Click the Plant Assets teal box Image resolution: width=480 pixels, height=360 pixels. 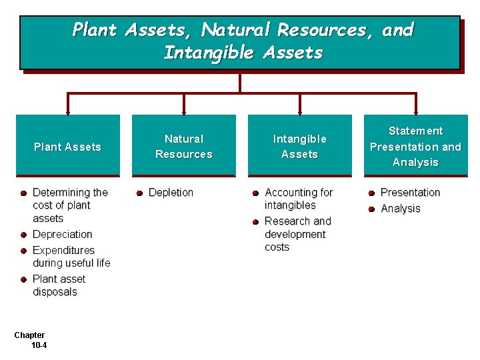pyautogui.click(x=67, y=146)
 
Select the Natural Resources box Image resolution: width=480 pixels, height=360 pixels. pyautogui.click(x=183, y=146)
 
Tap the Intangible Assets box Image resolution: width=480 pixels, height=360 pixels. pyautogui.click(x=299, y=146)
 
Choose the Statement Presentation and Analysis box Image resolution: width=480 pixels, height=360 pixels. pyautogui.click(x=415, y=146)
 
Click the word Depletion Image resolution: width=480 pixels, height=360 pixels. pyautogui.click(x=171, y=193)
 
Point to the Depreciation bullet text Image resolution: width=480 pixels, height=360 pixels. pyautogui.click(x=62, y=235)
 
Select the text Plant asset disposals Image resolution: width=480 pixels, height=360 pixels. pyautogui.click(x=59, y=285)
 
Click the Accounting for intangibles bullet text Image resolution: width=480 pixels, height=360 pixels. pyautogui.click(x=298, y=199)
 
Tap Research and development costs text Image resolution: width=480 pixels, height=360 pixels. pyautogui.click(x=297, y=234)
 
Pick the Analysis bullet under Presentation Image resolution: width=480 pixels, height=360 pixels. pyautogui.click(x=400, y=209)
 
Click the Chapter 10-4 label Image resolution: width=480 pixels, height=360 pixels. pyautogui.click(x=31, y=340)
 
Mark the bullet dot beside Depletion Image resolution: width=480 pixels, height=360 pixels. pyautogui.click(x=139, y=193)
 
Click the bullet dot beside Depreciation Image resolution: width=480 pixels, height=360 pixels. pyautogui.click(x=23, y=235)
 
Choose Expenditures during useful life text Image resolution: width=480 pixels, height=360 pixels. pyautogui.click(x=71, y=257)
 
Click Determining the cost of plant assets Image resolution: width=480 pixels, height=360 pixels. pyautogui.click(x=69, y=205)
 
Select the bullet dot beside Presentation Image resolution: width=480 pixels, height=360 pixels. pyautogui.click(x=371, y=193)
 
